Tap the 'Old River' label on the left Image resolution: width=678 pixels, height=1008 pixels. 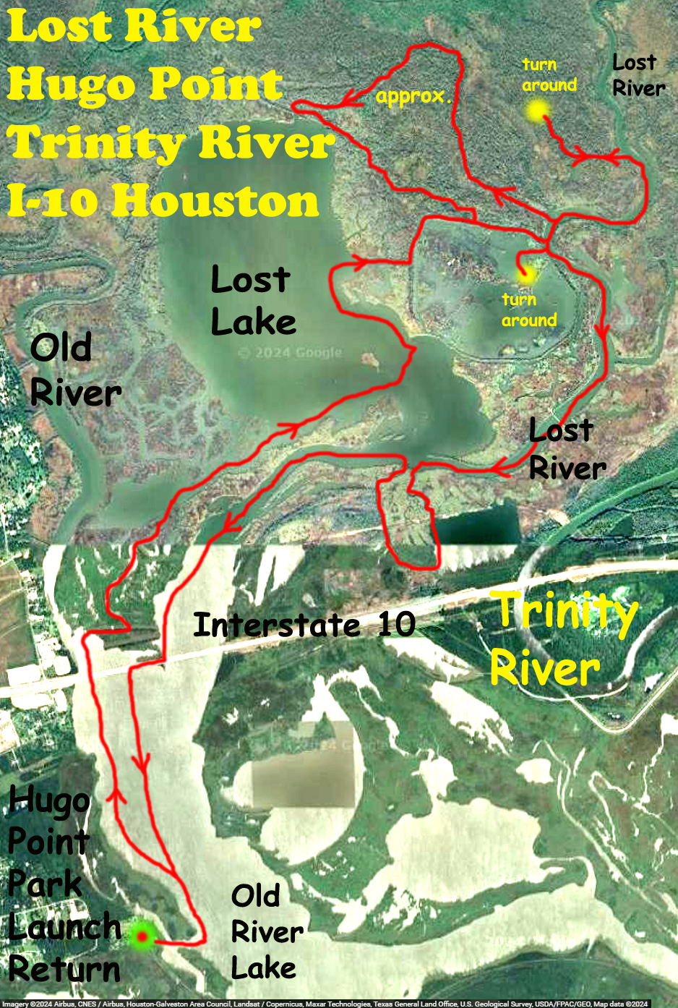74,371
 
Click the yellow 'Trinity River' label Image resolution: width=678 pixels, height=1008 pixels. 565,638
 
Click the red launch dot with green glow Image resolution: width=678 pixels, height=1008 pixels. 142,936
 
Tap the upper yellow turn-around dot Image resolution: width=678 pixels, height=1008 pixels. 537,111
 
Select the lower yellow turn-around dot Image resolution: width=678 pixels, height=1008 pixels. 525,274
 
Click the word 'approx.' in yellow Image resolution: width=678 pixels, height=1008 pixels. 413,97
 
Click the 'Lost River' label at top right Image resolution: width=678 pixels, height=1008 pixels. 638,75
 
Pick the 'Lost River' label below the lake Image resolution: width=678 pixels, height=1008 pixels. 567,450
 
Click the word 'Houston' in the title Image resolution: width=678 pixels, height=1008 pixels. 215,201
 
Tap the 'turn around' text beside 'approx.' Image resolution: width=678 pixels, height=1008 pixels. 549,75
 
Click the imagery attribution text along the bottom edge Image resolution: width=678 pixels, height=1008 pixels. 325,1004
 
